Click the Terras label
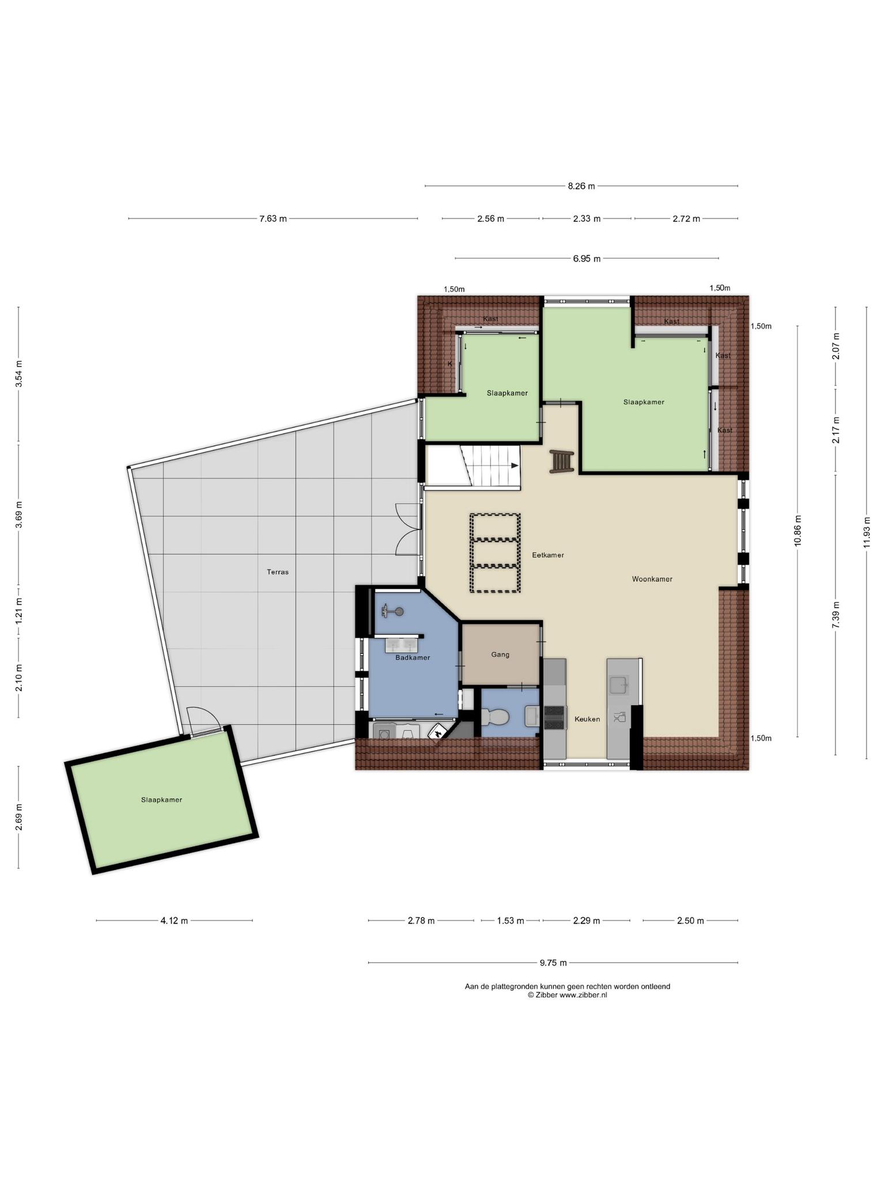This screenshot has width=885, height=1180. click(278, 572)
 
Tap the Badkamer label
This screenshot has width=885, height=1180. click(413, 657)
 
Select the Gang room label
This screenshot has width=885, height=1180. click(500, 655)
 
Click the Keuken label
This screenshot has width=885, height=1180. click(587, 719)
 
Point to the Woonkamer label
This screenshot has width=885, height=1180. click(652, 579)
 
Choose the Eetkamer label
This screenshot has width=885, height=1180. click(548, 555)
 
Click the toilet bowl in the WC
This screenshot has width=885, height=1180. click(496, 717)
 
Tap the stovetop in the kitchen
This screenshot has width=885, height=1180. click(554, 718)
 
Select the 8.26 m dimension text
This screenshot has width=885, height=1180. click(581, 186)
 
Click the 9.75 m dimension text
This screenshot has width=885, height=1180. click(553, 962)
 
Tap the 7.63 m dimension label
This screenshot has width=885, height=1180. click(273, 218)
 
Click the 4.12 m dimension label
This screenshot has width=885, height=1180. click(174, 921)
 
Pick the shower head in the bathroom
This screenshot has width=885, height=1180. click(392, 612)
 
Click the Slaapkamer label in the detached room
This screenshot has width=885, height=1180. click(161, 800)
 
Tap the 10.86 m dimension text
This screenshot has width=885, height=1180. click(797, 530)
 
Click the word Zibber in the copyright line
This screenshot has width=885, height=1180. click(547, 994)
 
